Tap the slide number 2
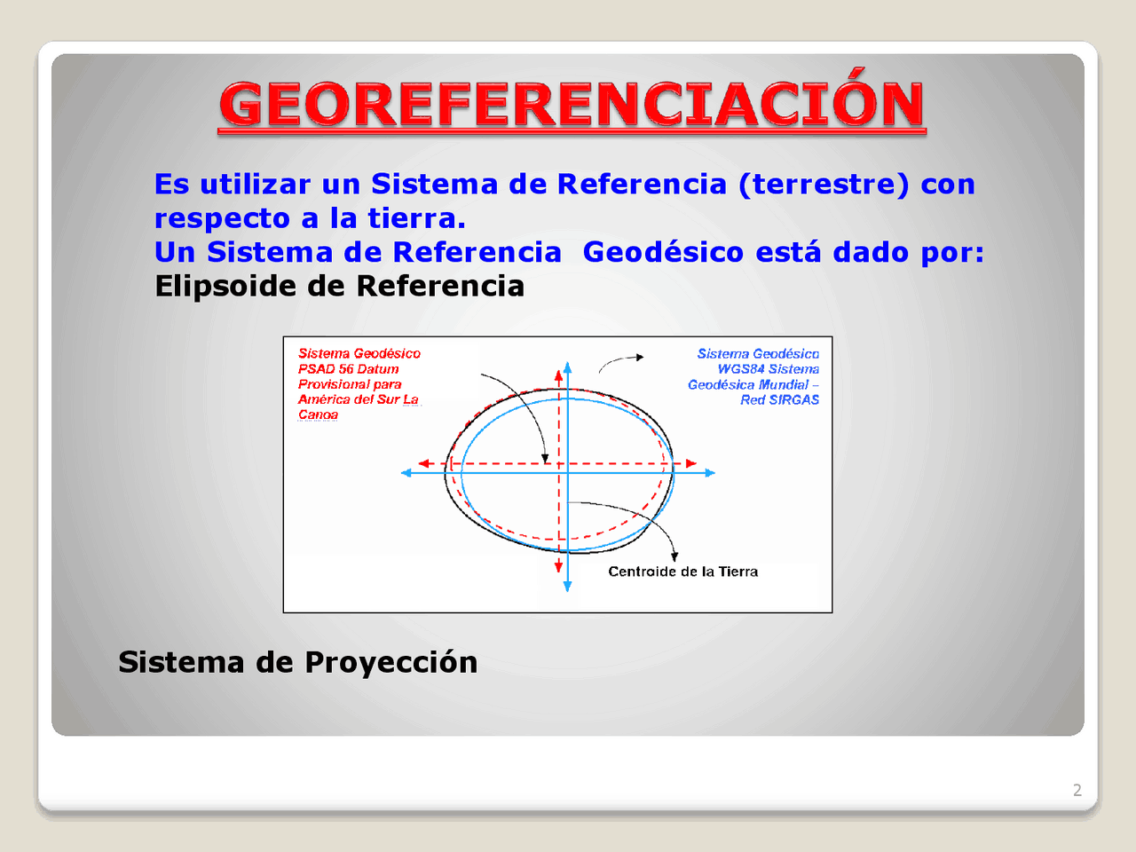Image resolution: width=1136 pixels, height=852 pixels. click(x=1077, y=790)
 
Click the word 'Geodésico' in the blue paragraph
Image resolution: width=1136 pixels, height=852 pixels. click(x=663, y=252)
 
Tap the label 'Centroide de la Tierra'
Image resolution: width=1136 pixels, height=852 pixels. click(x=682, y=572)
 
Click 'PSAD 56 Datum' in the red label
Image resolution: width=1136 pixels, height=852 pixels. click(x=348, y=369)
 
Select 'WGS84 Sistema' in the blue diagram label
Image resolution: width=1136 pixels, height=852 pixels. click(x=768, y=369)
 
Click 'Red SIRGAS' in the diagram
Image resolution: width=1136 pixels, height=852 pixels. click(x=779, y=400)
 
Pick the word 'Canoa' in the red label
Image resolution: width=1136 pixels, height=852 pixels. click(x=318, y=414)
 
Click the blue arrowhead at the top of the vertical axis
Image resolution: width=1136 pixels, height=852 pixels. click(x=568, y=367)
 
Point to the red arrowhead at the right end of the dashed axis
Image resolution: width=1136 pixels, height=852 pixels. click(x=690, y=463)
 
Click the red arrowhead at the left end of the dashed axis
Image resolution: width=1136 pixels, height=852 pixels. click(x=424, y=463)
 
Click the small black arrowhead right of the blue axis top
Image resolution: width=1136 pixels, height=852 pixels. click(x=639, y=358)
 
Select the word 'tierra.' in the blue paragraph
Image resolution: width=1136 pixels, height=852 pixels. click(x=416, y=218)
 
